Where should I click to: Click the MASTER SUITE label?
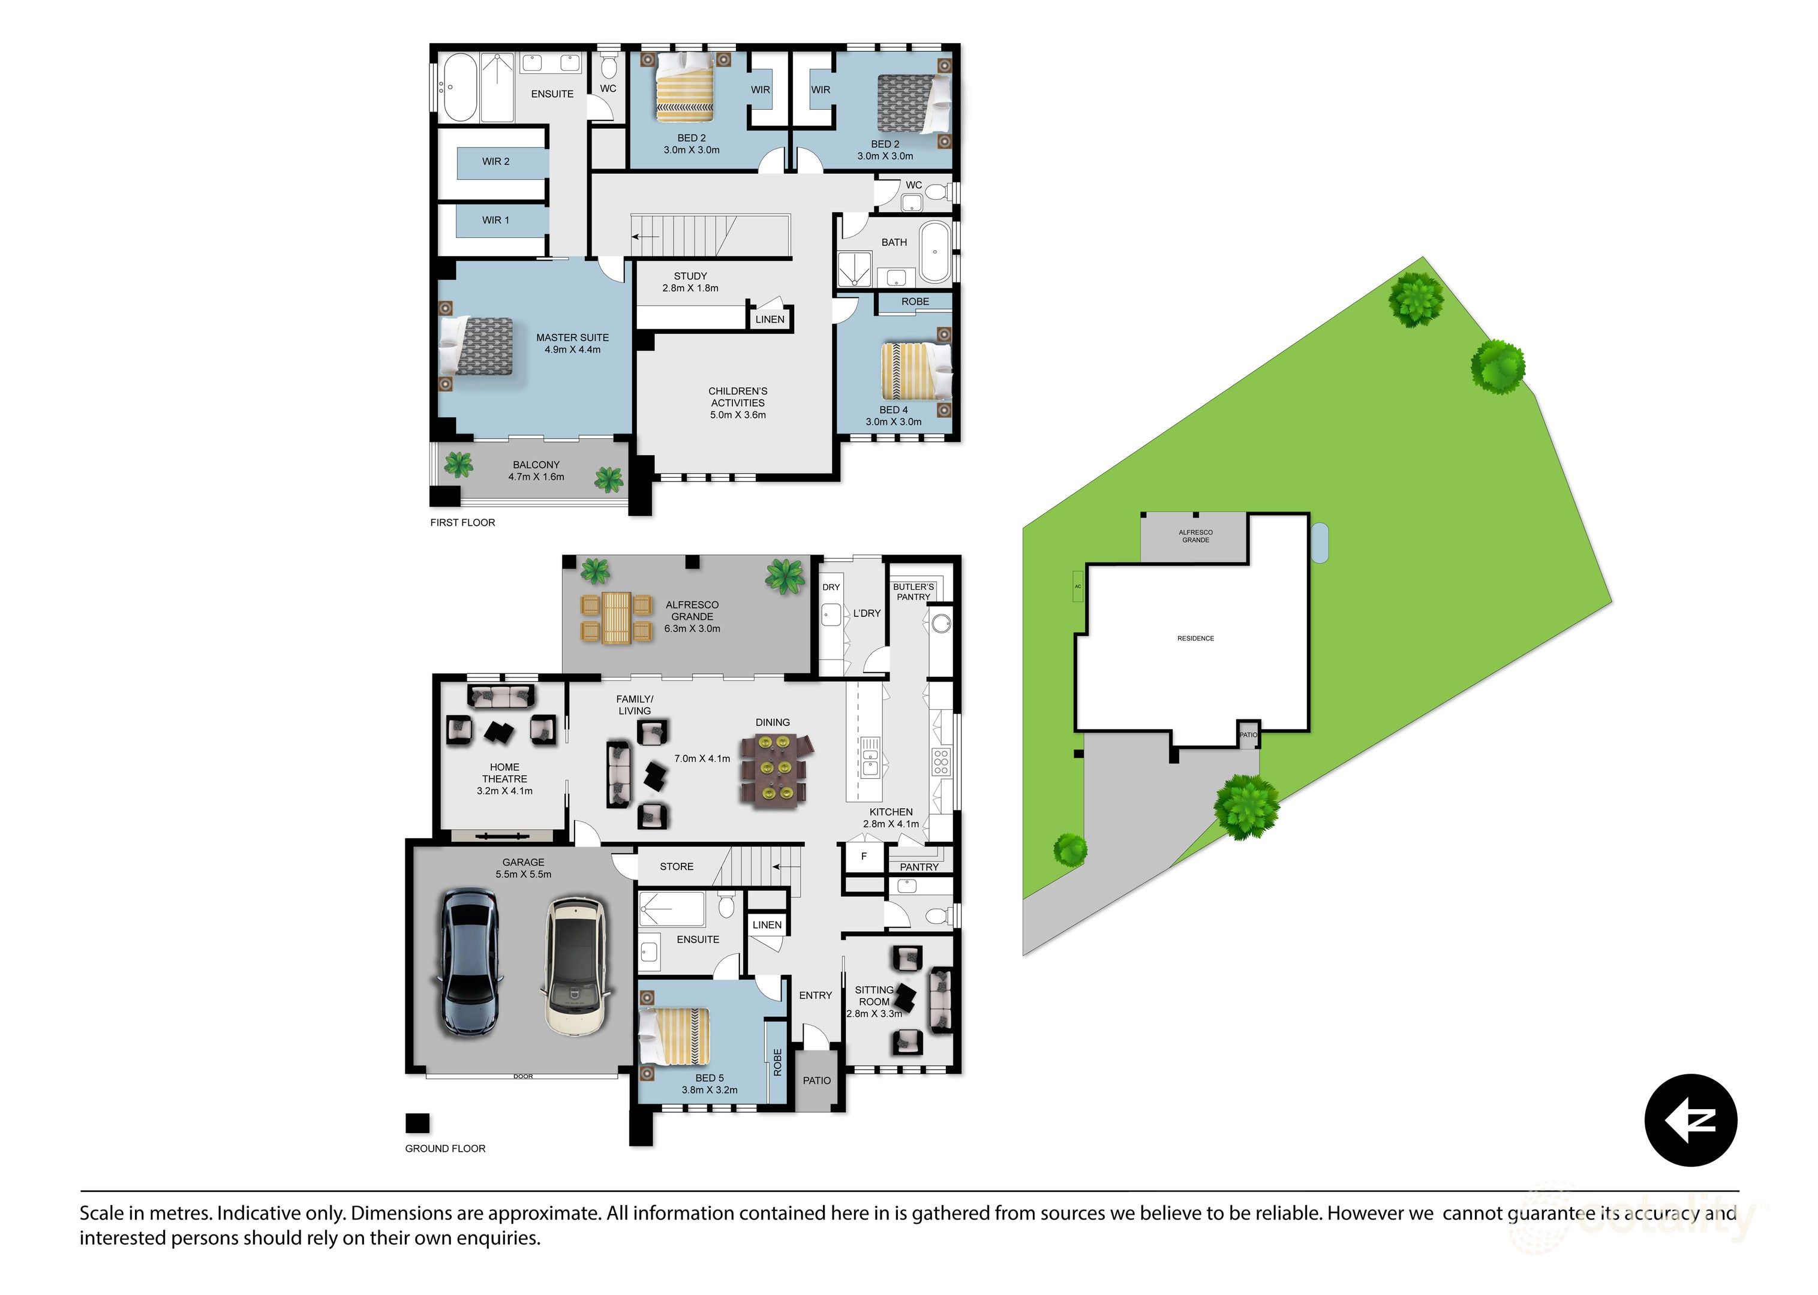572,338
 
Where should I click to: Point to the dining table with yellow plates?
773,769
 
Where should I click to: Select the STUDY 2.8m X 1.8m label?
690,282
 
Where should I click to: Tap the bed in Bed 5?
675,1036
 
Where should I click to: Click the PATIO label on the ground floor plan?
816,1080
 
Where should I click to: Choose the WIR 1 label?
495,220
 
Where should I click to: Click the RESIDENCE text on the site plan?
1195,638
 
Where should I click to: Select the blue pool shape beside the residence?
1320,542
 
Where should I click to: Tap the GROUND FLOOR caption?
445,1148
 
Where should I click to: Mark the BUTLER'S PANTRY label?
913,592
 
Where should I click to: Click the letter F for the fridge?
864,856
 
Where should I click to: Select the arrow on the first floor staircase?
645,237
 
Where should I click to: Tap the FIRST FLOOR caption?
462,522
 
